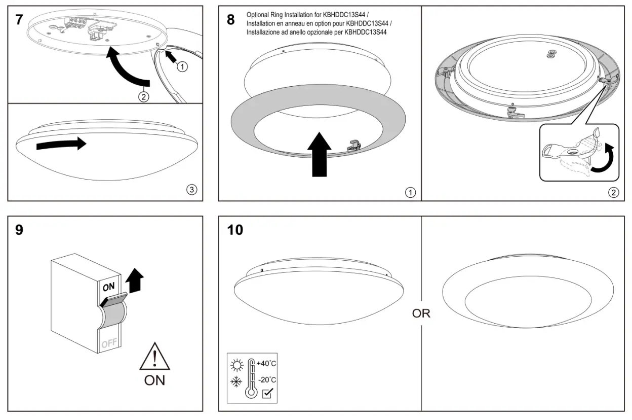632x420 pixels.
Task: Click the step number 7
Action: coord(19,20)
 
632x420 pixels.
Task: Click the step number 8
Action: coord(231,20)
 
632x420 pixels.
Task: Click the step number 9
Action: coord(19,230)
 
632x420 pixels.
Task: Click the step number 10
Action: coord(235,230)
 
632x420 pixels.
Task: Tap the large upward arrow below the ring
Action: coord(319,154)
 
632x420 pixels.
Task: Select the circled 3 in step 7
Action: coord(191,190)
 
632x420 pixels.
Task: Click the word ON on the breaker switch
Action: coord(109,287)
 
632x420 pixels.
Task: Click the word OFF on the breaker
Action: coord(109,344)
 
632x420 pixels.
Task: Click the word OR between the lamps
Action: coord(421,313)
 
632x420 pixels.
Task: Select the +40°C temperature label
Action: coord(266,364)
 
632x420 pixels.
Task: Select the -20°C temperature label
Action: coord(266,380)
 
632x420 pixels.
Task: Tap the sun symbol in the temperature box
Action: coord(236,364)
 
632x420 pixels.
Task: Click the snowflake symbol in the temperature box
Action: coord(236,381)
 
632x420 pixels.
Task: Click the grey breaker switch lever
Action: coord(112,301)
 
